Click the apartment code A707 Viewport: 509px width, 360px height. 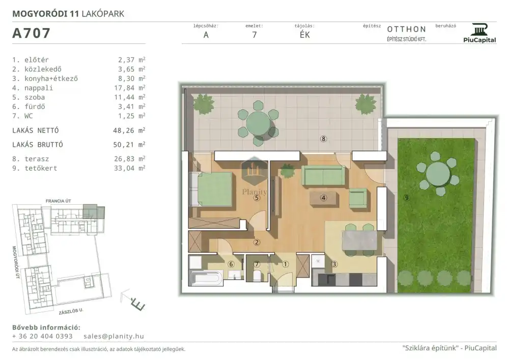coord(31,33)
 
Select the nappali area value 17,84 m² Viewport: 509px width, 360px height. coord(131,88)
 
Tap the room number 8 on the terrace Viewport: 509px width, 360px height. coord(323,139)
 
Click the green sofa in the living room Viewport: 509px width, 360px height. coord(323,176)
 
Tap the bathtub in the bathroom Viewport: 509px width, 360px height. coord(206,278)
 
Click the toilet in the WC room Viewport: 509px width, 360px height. coord(257,276)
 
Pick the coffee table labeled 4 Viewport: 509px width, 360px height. coord(323,198)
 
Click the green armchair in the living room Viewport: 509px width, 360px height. coord(358,198)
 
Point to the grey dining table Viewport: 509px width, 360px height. coord(359,240)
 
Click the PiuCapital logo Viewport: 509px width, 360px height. coord(480,33)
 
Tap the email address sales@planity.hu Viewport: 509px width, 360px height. coord(114,336)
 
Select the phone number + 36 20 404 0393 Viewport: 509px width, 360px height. coord(43,336)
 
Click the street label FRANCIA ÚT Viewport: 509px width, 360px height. coord(59,201)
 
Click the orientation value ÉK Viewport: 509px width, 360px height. coord(305,35)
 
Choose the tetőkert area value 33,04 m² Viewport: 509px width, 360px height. coord(129,168)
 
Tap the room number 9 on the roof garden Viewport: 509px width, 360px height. coord(407,198)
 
